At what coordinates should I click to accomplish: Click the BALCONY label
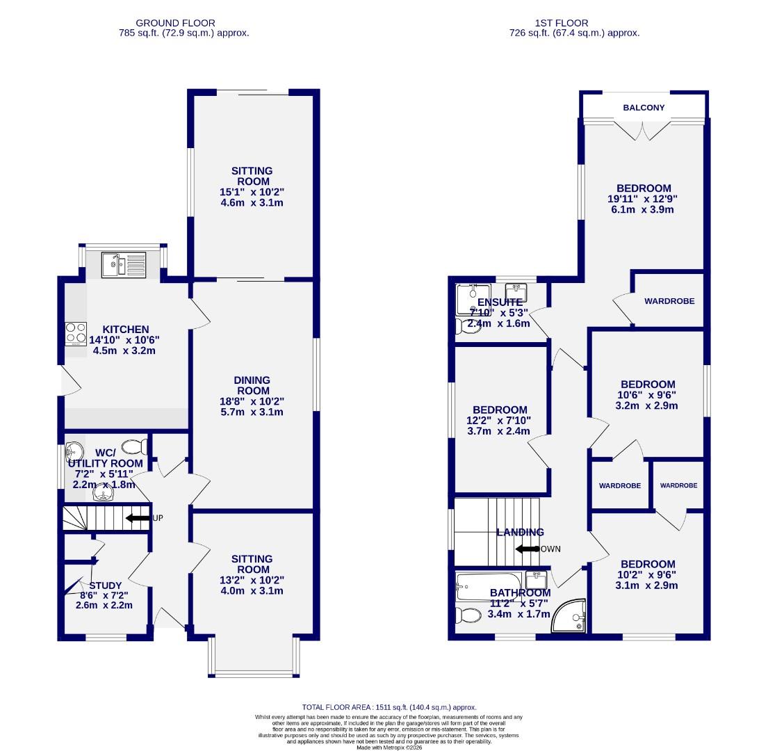click(644, 108)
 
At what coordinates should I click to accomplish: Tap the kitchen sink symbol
click(124, 264)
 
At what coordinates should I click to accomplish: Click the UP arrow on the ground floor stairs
click(138, 518)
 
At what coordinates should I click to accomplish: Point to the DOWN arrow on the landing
click(528, 549)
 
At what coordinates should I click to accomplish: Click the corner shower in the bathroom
click(570, 617)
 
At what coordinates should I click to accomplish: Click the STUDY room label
click(106, 586)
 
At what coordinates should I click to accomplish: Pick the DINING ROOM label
click(252, 385)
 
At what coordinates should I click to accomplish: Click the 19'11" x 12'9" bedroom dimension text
click(644, 199)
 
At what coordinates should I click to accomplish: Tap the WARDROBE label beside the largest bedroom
click(669, 301)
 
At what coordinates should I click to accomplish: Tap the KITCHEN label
click(126, 330)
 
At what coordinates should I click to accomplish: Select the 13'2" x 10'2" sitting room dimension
click(252, 580)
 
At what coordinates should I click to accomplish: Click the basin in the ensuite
click(516, 289)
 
